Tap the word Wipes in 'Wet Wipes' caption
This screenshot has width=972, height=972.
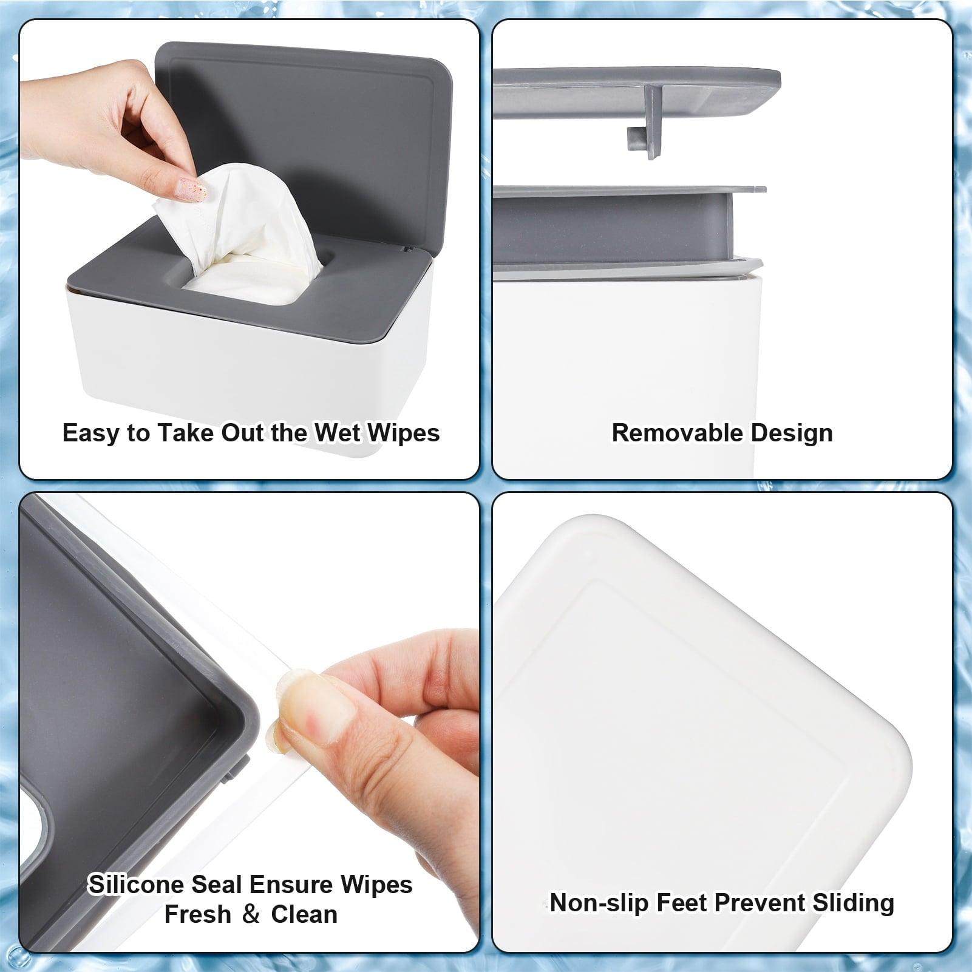pos(404,433)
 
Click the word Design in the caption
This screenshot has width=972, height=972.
pos(792,433)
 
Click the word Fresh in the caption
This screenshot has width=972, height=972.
pos(198,914)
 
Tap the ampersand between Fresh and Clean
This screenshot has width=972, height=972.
pos(251,915)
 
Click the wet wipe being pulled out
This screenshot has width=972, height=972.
pos(243,219)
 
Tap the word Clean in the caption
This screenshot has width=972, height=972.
pos(304,914)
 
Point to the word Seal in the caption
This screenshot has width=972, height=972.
pos(213,885)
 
